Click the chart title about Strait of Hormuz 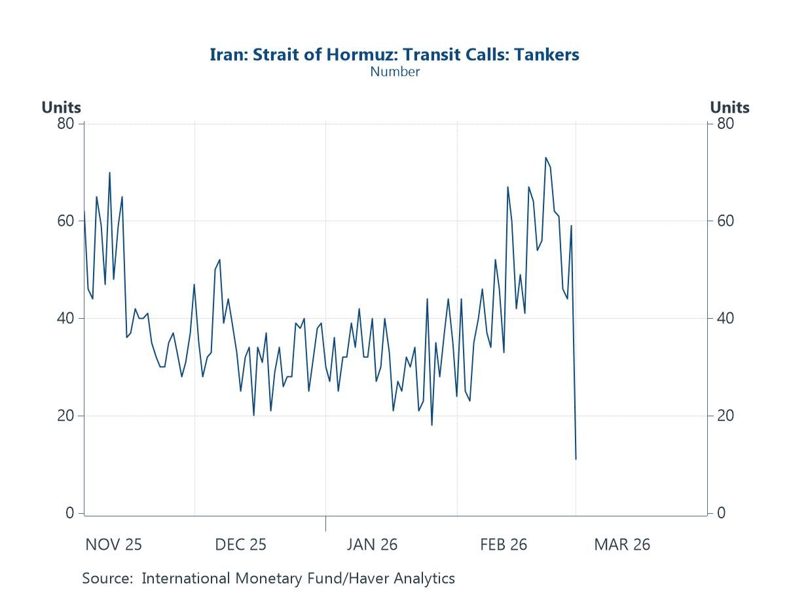pos(394,54)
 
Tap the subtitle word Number pos(394,72)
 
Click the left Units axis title pos(61,107)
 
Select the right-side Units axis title pos(729,107)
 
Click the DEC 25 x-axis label pos(240,545)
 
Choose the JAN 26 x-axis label pos(372,545)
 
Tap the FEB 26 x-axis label pos(503,545)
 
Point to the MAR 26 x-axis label pos(622,545)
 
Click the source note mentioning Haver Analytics pos(268,579)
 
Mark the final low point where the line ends pos(576,459)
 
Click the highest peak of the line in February pos(545,158)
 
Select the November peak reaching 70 pos(109,173)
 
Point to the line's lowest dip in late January pos(432,425)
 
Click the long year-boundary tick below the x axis pos(325,524)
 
